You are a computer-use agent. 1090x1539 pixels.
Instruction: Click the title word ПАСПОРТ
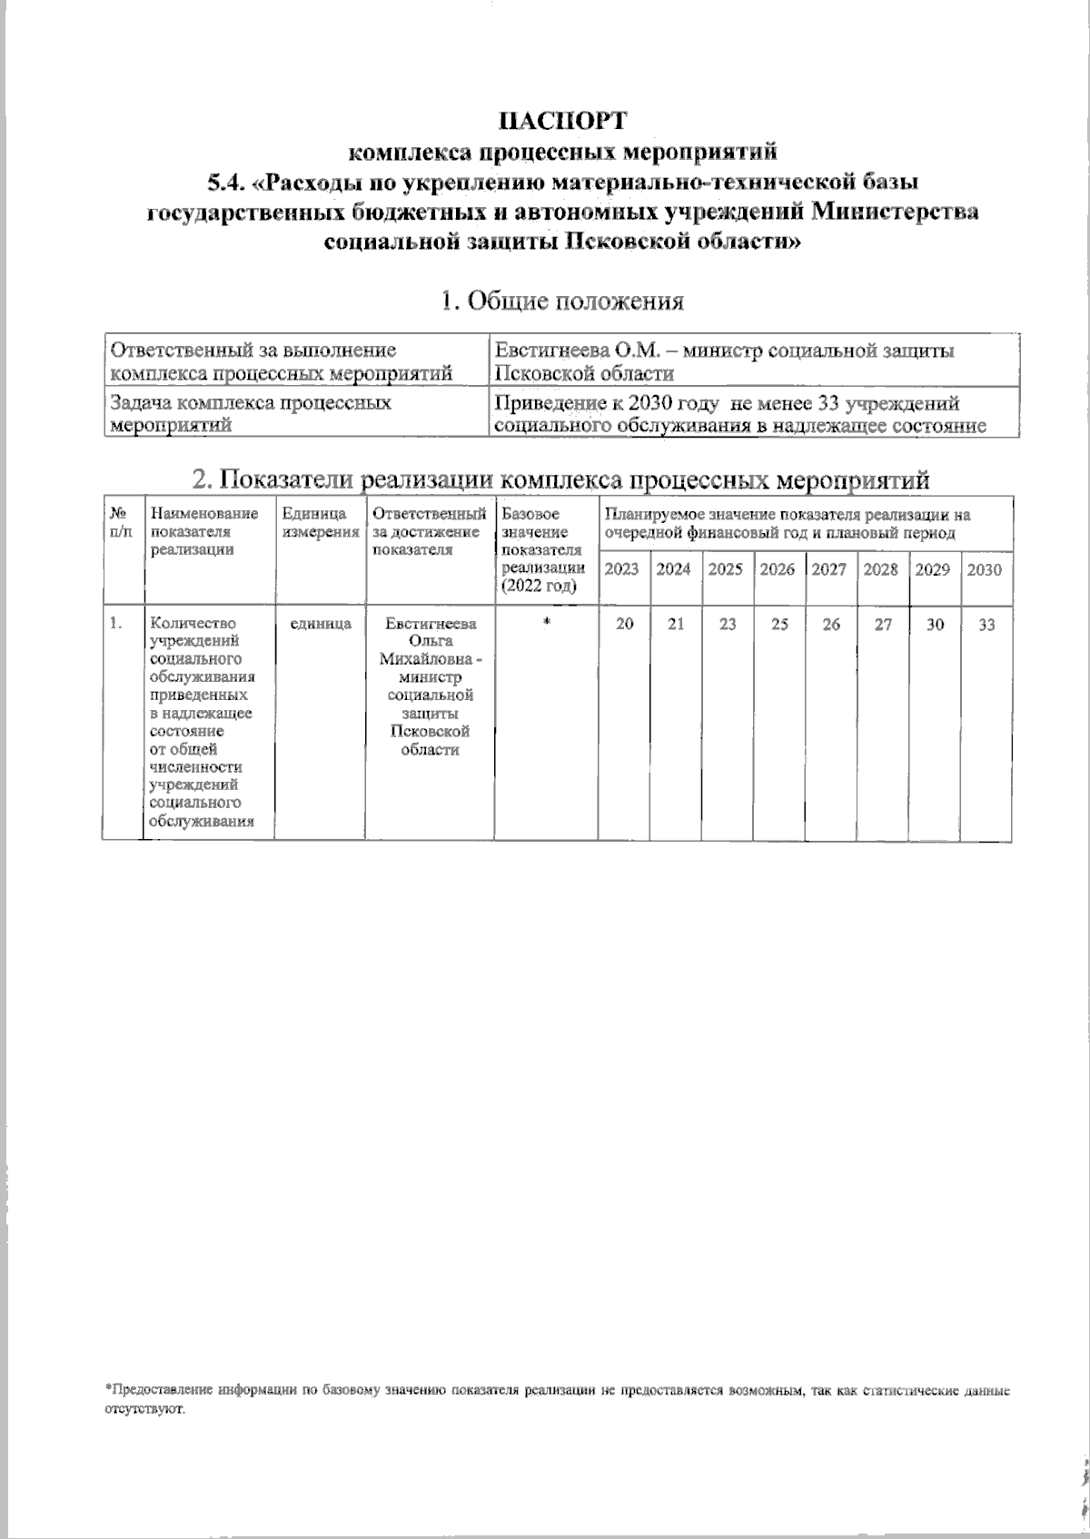(562, 120)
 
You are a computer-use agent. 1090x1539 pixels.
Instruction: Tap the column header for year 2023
(622, 569)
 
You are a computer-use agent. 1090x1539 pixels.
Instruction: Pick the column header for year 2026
(778, 569)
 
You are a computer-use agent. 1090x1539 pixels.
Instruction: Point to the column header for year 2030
(985, 569)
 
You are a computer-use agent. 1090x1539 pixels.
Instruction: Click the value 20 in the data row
(624, 624)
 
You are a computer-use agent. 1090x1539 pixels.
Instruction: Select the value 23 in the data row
(727, 624)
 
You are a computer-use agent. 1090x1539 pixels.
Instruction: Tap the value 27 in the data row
(882, 624)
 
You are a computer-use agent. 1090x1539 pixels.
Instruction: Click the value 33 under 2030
(986, 624)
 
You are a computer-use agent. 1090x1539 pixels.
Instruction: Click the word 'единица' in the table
(320, 624)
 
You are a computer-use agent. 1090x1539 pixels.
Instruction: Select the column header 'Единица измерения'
(320, 523)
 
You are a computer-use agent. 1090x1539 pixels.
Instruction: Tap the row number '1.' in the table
(115, 624)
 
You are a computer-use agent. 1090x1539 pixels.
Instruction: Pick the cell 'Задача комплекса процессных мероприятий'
(250, 412)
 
